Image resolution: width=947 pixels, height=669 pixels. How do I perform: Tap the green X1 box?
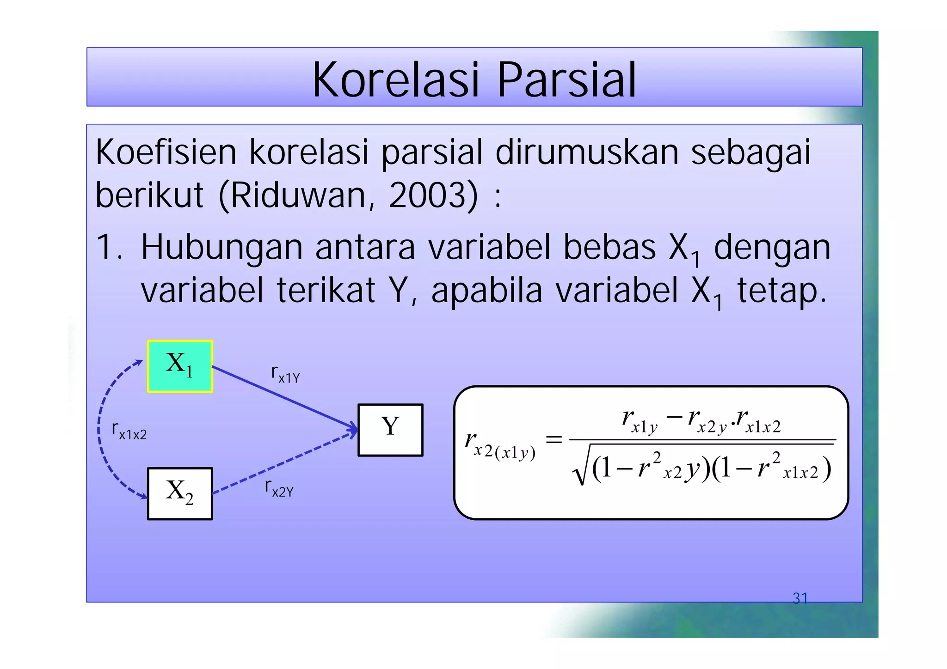point(180,366)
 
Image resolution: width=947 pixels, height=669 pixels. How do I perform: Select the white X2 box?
point(180,493)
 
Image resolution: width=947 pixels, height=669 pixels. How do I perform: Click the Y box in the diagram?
point(390,430)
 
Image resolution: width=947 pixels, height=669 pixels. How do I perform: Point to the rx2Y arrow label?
point(279,488)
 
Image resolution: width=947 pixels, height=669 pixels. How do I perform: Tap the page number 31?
point(800,598)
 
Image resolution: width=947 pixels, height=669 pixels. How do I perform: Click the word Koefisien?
point(166,152)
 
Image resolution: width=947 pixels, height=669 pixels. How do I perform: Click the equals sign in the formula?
point(553,439)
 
